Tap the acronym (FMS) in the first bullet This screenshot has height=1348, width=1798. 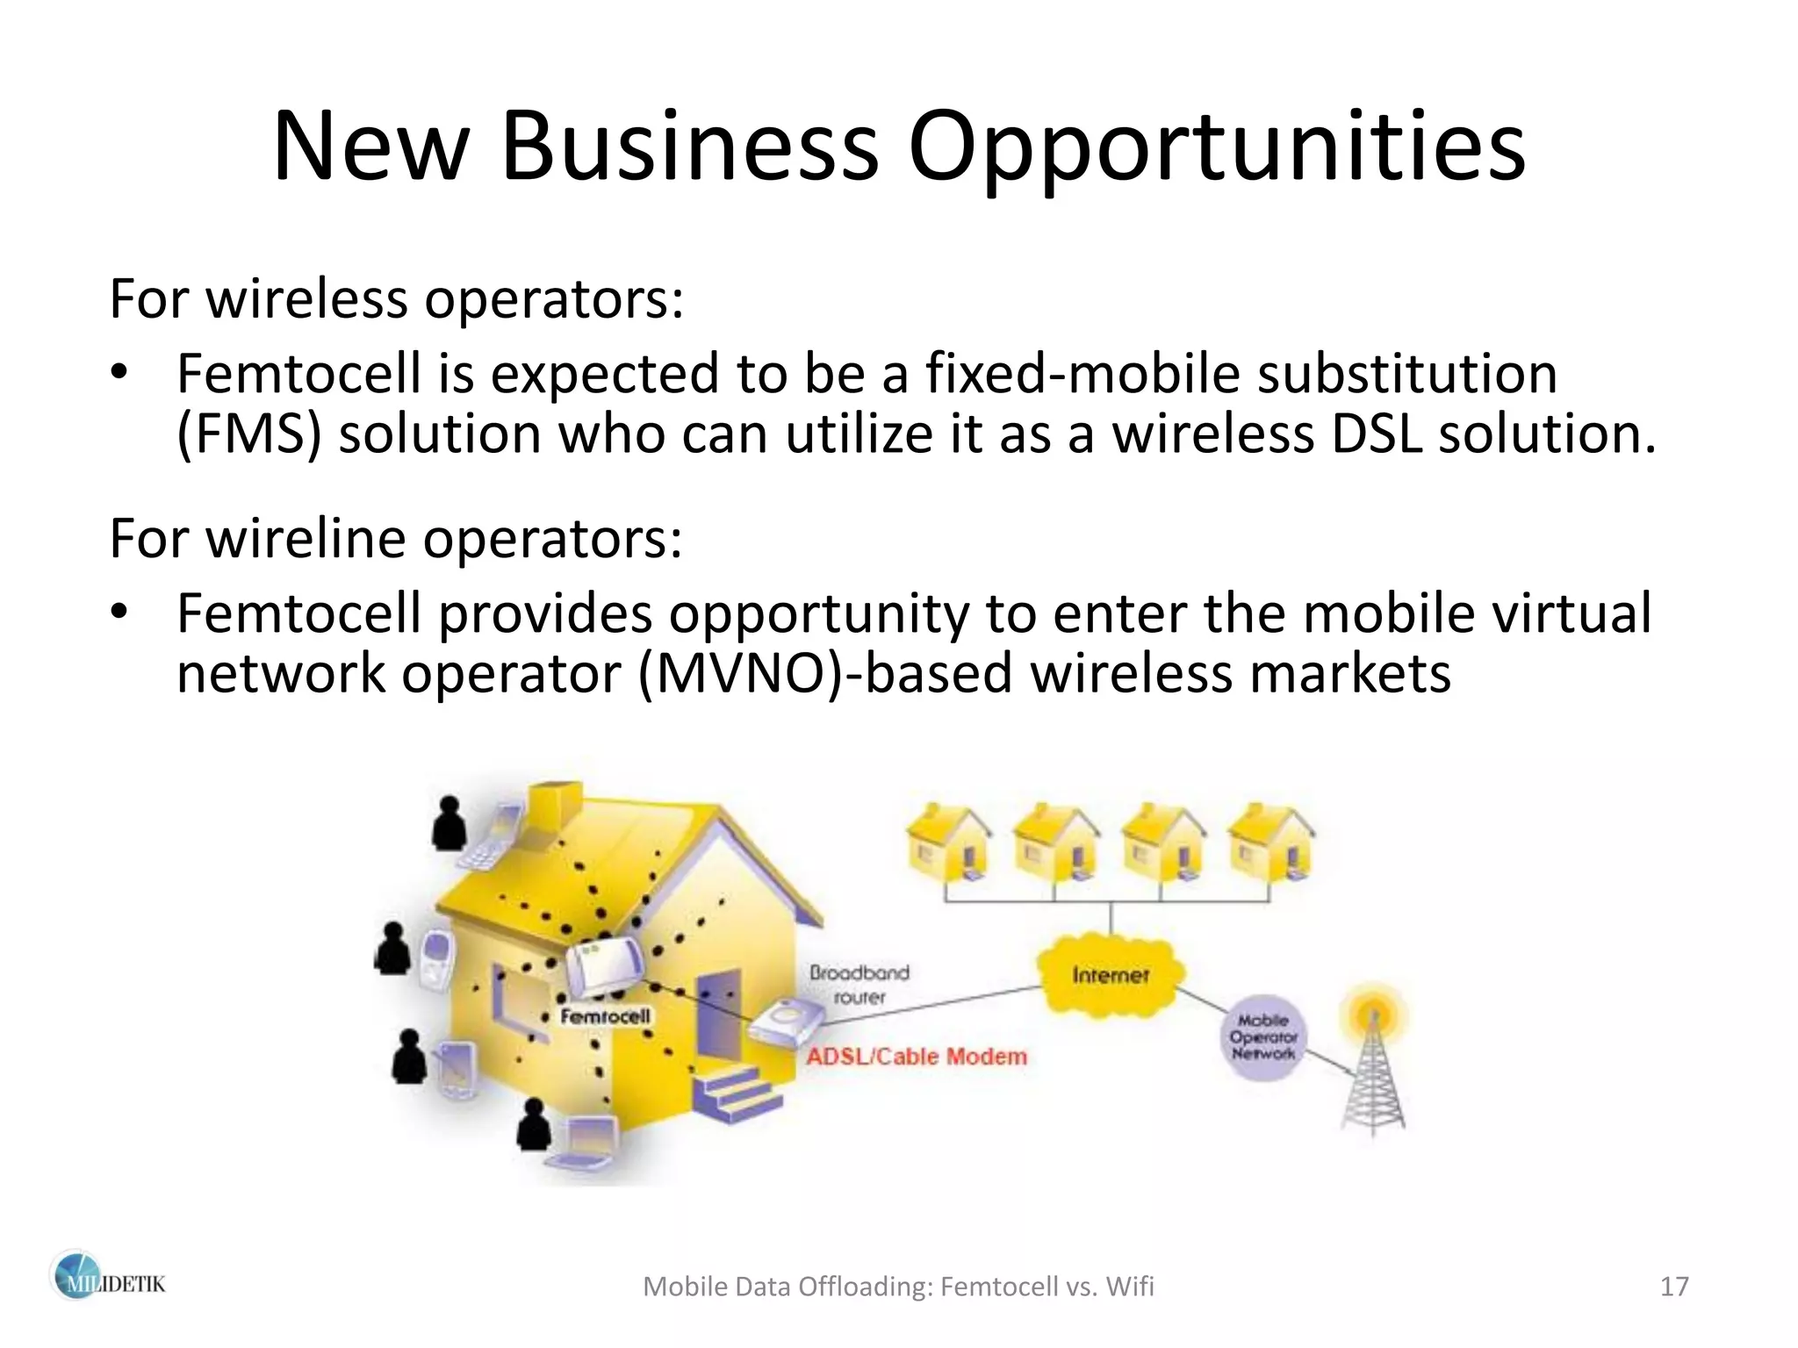pyautogui.click(x=249, y=435)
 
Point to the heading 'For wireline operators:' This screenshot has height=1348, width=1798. pyautogui.click(x=396, y=538)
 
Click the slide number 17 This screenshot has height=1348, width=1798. pyautogui.click(x=1674, y=1287)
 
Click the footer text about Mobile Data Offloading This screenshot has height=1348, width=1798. pyautogui.click(x=898, y=1287)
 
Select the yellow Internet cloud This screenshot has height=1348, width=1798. pyautogui.click(x=1111, y=974)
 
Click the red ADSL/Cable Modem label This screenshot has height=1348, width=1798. pyautogui.click(x=916, y=1056)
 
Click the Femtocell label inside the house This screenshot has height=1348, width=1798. pyautogui.click(x=606, y=1016)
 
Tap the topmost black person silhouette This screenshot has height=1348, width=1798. pyautogui.click(x=449, y=821)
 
